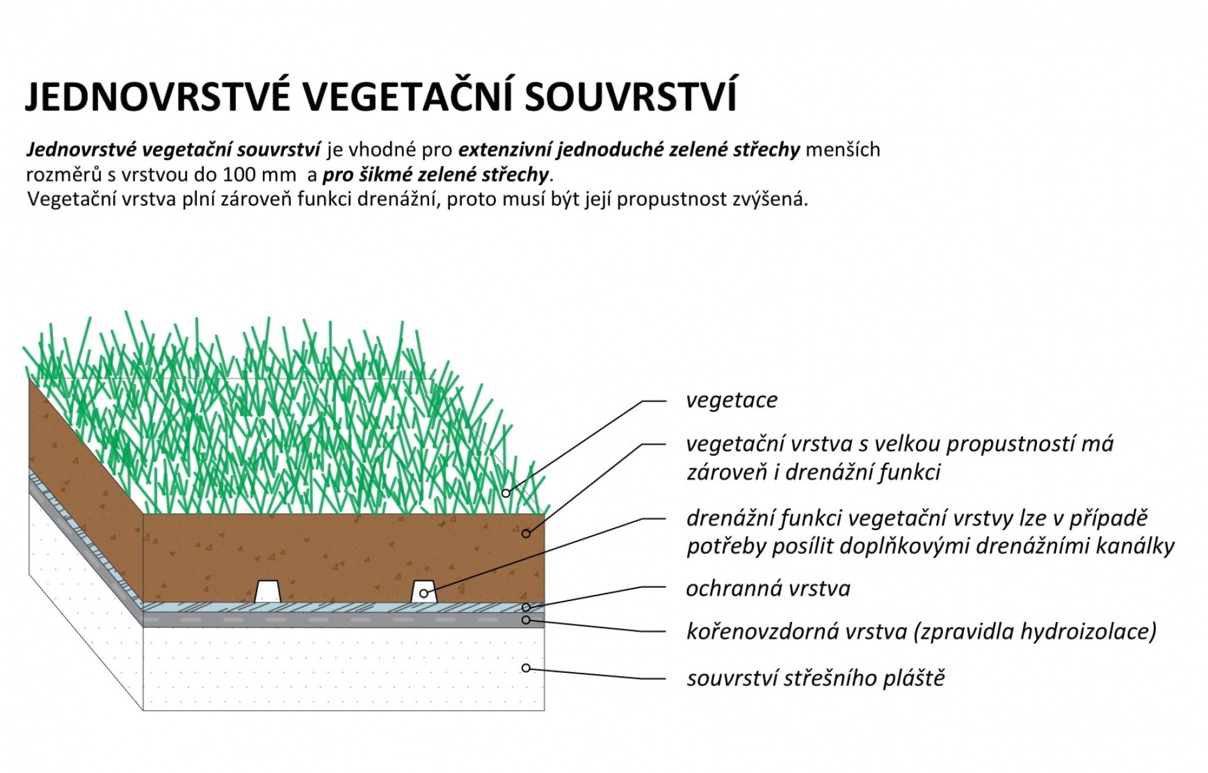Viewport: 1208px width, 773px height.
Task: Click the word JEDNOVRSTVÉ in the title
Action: [x=158, y=96]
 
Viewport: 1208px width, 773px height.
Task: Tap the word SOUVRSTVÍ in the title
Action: [x=630, y=96]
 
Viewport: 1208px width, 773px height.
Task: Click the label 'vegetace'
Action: [x=732, y=400]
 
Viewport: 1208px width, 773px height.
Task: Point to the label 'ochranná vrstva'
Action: [x=768, y=589]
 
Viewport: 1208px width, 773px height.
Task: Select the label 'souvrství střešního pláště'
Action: [x=816, y=678]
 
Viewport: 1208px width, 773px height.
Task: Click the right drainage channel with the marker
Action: [x=424, y=591]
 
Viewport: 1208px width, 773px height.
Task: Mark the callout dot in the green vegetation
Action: [x=506, y=494]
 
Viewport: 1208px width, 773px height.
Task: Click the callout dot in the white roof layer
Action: [x=526, y=668]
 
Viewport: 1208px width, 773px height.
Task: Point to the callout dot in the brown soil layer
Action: [x=526, y=534]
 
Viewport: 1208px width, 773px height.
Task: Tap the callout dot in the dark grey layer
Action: [x=526, y=620]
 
